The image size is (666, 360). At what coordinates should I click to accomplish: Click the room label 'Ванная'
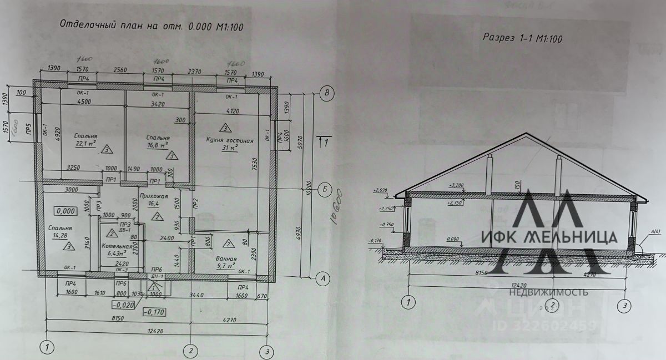[227, 259]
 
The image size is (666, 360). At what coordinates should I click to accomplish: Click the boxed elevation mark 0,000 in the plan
[65, 211]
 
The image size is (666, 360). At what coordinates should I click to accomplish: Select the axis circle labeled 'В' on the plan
[327, 93]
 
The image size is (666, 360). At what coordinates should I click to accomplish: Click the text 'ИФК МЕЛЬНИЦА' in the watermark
[549, 237]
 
